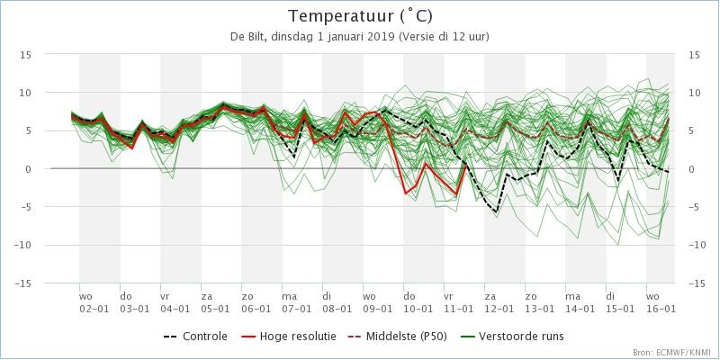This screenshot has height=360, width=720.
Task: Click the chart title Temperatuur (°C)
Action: pos(359,16)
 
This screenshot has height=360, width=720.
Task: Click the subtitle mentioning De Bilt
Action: pos(359,36)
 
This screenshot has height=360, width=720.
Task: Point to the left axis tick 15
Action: pos(27,54)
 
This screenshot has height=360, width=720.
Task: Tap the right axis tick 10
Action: pos(694,93)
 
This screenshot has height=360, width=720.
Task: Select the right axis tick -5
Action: pos(694,207)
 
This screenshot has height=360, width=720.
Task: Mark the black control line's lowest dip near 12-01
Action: pos(496,212)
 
